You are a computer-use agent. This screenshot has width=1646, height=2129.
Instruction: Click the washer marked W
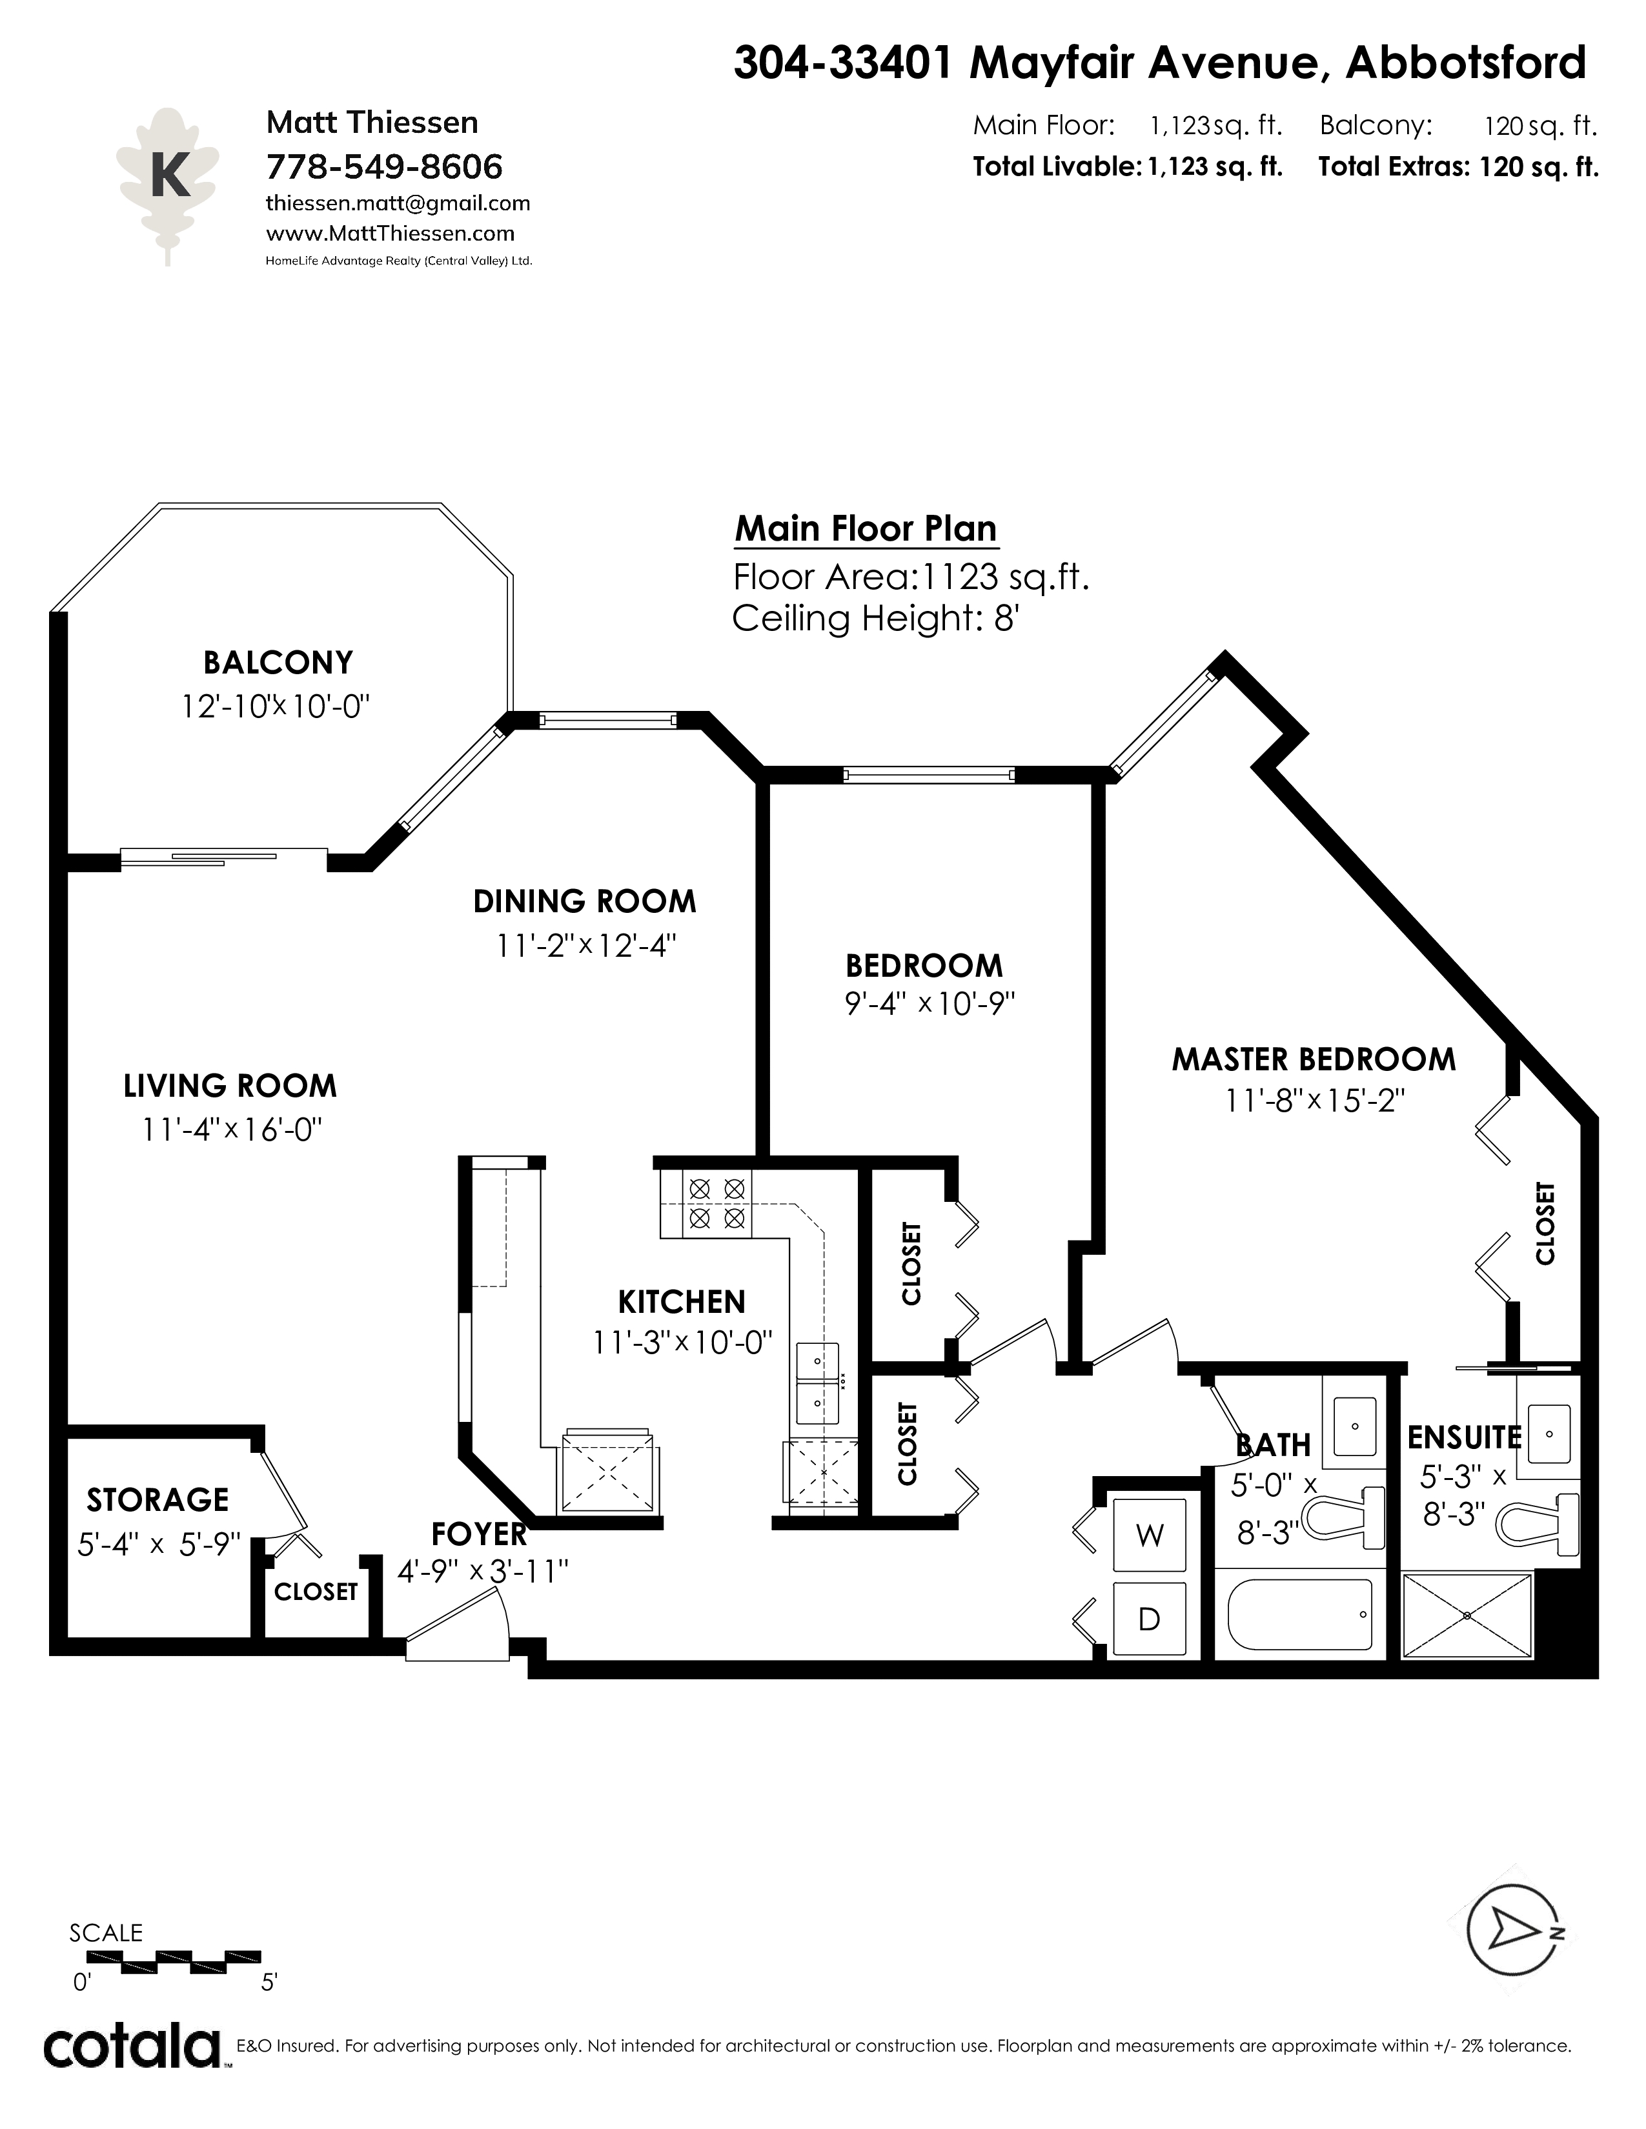(1150, 1535)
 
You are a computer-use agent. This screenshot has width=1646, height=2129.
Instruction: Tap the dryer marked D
(1150, 1619)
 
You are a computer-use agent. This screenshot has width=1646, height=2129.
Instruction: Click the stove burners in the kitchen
(716, 1203)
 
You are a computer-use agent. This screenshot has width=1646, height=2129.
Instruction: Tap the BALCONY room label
(278, 663)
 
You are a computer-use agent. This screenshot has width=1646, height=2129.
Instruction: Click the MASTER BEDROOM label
(1314, 1059)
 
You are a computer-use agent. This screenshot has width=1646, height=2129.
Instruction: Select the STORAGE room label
(158, 1499)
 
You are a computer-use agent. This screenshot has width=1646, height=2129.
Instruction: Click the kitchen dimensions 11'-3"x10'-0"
(682, 1343)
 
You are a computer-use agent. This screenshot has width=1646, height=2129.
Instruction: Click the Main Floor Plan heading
(866, 528)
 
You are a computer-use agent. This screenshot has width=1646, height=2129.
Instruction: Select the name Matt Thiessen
(372, 123)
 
